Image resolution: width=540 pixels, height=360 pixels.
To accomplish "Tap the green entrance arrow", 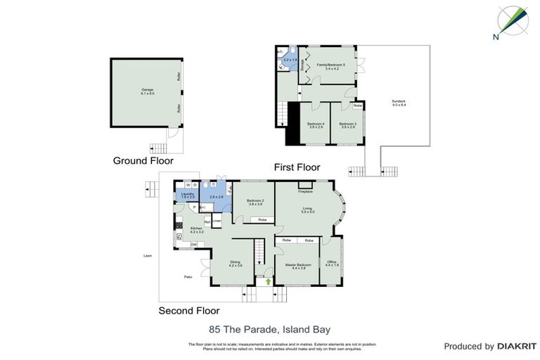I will coord(269,281).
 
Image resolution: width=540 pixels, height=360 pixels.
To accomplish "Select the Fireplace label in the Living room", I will coord(305,191).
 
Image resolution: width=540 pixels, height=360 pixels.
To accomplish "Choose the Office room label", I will coord(332,264).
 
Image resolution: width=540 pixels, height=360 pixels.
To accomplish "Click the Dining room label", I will coord(235,264).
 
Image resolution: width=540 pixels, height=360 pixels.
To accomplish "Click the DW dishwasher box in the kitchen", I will coord(193,244).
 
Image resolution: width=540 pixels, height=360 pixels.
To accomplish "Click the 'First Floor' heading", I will coord(297,167).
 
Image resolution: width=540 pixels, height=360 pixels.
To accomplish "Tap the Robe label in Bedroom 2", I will coord(262,220).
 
